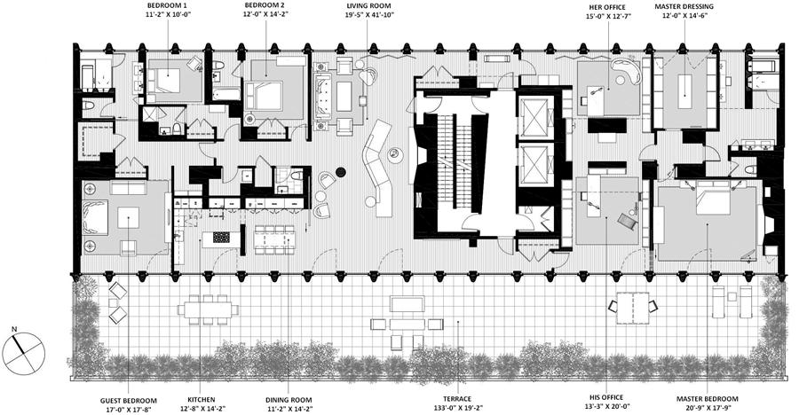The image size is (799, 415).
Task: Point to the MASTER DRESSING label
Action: [x=685, y=5]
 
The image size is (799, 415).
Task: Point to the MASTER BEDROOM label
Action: [x=708, y=399]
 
